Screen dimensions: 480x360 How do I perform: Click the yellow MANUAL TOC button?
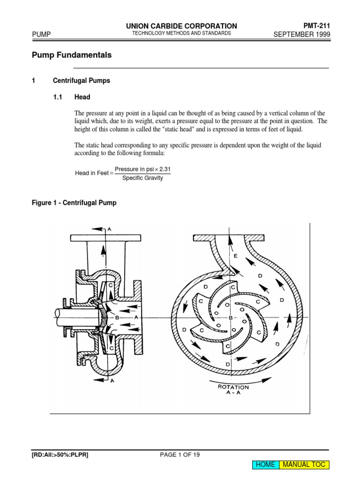pyautogui.click(x=304, y=465)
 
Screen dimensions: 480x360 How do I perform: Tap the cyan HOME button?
pyautogui.click(x=265, y=465)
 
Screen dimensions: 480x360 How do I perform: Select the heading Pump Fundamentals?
pyautogui.click(x=72, y=55)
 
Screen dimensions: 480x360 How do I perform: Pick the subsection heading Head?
pyautogui.click(x=82, y=97)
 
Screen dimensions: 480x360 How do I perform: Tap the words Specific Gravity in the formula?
pyautogui.click(x=142, y=178)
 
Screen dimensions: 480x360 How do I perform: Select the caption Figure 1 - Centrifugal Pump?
pyautogui.click(x=74, y=203)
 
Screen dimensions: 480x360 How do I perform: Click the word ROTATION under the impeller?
pyautogui.click(x=233, y=387)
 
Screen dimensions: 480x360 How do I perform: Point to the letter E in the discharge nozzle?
pyautogui.click(x=235, y=256)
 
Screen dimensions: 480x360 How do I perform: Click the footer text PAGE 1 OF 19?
pyautogui.click(x=180, y=455)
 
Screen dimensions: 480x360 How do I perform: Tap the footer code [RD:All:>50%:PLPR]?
pyautogui.click(x=60, y=455)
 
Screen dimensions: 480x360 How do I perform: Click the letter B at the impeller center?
pyautogui.click(x=231, y=318)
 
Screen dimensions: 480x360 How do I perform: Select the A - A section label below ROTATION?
pyautogui.click(x=233, y=394)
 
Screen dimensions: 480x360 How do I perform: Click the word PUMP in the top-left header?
pyautogui.click(x=41, y=34)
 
